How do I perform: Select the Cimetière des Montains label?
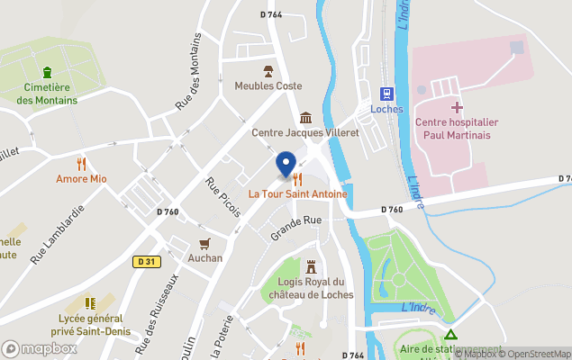47,94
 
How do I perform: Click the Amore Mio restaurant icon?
81,163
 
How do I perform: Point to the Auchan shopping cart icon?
205,243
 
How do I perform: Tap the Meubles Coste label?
268,85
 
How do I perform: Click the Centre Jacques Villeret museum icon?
305,118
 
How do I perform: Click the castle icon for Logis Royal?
312,267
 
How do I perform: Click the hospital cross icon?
457,108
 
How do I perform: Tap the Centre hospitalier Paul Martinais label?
456,128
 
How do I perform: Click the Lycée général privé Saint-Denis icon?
89,304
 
